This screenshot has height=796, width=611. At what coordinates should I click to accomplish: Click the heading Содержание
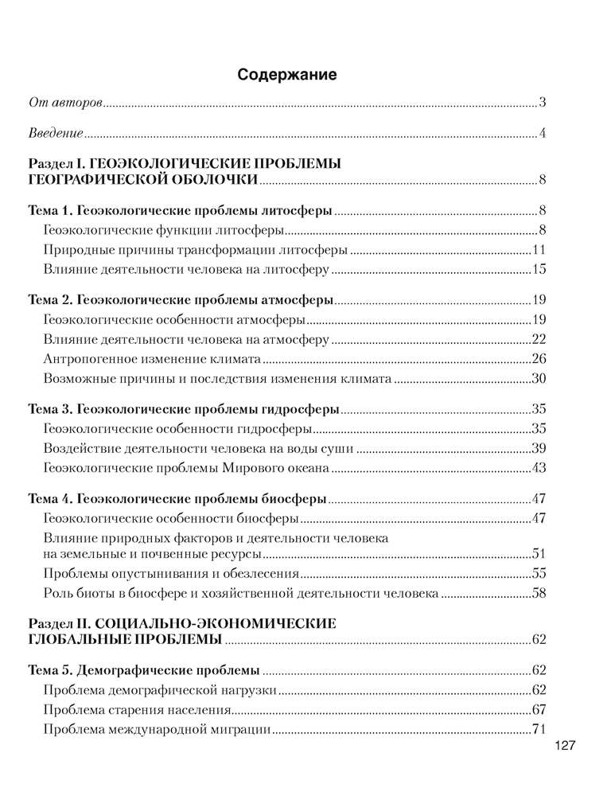pyautogui.click(x=287, y=75)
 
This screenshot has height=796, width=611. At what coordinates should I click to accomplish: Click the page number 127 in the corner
pyautogui.click(x=564, y=747)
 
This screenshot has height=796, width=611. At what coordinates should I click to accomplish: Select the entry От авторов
pyautogui.click(x=65, y=103)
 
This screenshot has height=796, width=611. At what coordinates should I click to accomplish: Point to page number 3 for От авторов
pyautogui.click(x=541, y=103)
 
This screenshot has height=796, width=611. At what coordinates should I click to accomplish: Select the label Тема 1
pyautogui.click(x=50, y=211)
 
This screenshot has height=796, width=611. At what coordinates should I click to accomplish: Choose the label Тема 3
pyautogui.click(x=50, y=409)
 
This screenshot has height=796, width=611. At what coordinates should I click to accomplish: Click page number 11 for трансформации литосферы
pyautogui.click(x=537, y=250)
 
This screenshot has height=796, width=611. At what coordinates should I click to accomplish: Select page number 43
pyautogui.click(x=537, y=468)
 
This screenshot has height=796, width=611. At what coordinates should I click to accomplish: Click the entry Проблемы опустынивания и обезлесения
pyautogui.click(x=172, y=573)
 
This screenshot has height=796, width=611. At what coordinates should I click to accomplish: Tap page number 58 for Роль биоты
pyautogui.click(x=537, y=593)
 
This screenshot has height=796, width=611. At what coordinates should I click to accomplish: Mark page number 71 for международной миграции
pyautogui.click(x=537, y=728)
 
